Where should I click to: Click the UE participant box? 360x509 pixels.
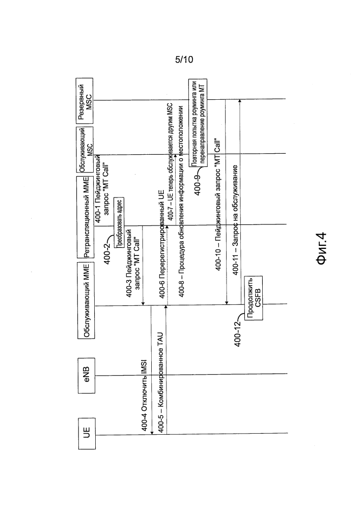87,434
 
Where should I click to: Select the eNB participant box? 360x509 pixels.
87,376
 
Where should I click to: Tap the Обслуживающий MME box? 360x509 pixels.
86,301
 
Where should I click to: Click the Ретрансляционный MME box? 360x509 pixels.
86,217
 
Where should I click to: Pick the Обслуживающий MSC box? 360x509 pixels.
86,150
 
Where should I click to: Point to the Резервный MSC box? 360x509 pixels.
85,101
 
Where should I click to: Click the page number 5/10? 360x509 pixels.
184,60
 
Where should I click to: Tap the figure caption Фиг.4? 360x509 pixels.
321,248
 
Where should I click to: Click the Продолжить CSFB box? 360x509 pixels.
254,298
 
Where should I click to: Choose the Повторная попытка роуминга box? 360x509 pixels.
198,123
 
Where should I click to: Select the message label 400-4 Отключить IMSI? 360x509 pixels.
145,395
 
